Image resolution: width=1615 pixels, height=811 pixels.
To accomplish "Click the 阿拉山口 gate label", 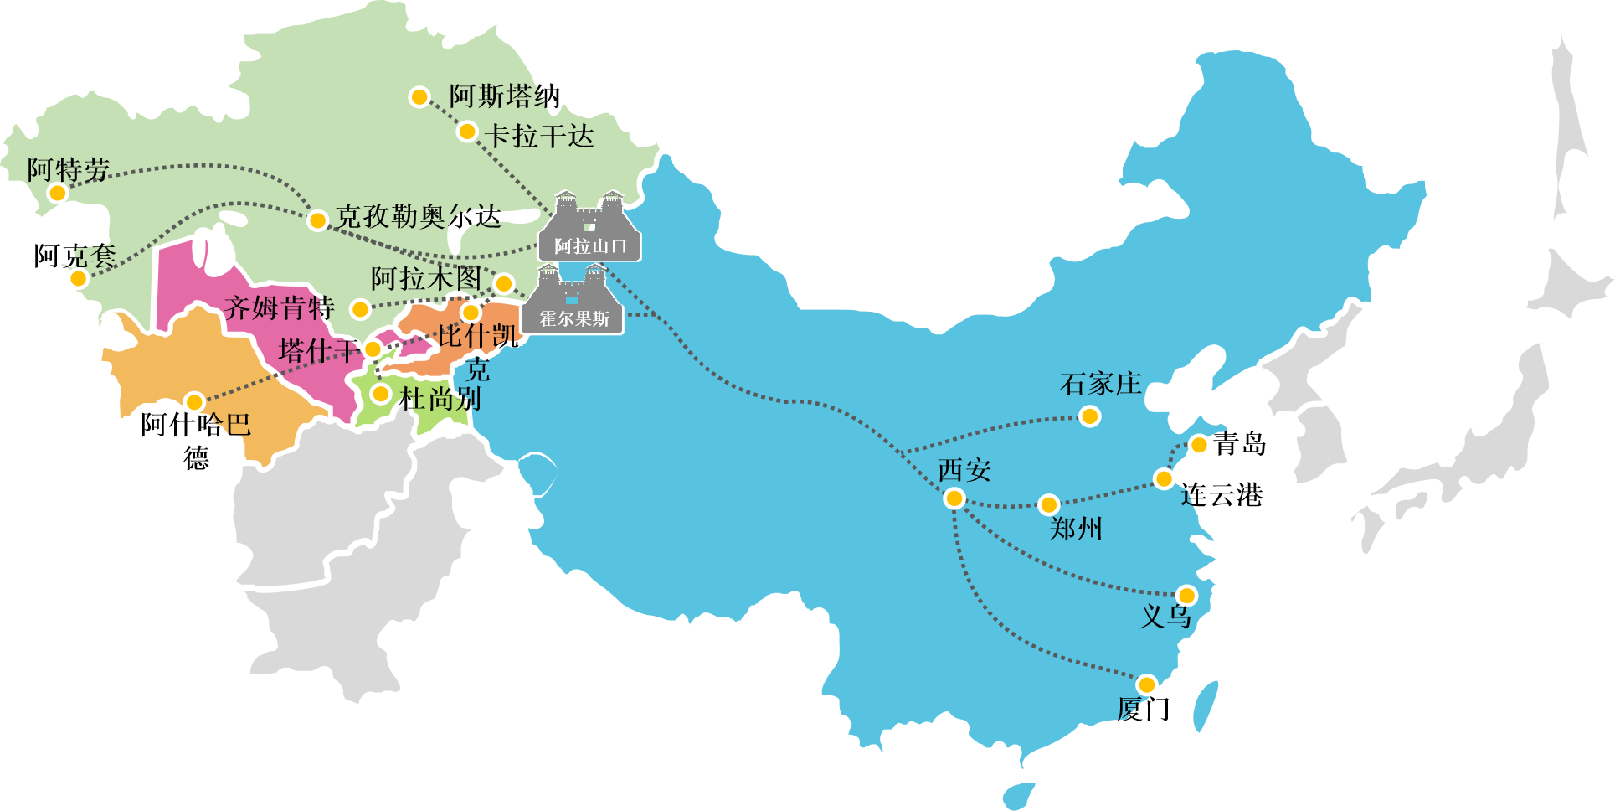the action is tap(590, 245).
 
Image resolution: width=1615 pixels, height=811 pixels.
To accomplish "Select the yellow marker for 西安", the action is tap(954, 499).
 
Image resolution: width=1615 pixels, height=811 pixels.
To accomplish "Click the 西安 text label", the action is tap(964, 470).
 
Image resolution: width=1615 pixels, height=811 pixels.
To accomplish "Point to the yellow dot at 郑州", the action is tap(1048, 504).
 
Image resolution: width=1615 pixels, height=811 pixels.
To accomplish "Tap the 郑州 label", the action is tap(1076, 529).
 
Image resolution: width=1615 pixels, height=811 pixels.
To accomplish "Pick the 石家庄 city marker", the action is tap(1089, 416).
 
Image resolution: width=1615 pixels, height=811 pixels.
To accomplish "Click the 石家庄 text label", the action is tap(1101, 385).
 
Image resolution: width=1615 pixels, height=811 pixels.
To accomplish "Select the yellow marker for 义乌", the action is tap(1186, 596).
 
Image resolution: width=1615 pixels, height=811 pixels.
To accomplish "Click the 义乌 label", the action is tap(1165, 617).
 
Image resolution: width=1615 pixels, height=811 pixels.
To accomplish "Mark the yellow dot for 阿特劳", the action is tap(57, 194).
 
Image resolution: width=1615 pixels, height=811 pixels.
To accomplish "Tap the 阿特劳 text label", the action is tap(69, 169).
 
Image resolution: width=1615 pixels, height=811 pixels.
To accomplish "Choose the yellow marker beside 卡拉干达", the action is tap(467, 132).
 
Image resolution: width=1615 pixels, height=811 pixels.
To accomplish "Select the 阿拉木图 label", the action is tap(426, 278).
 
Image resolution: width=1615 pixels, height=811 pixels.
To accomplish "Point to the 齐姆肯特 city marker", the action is tap(360, 310).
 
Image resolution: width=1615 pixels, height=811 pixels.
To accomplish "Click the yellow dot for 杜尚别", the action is tap(381, 393).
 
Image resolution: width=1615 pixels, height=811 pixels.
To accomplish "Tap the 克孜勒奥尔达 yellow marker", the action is tap(317, 220).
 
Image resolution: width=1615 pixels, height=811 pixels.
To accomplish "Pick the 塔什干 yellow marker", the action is tap(373, 349).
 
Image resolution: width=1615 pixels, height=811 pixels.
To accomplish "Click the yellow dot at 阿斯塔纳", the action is tap(419, 97).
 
